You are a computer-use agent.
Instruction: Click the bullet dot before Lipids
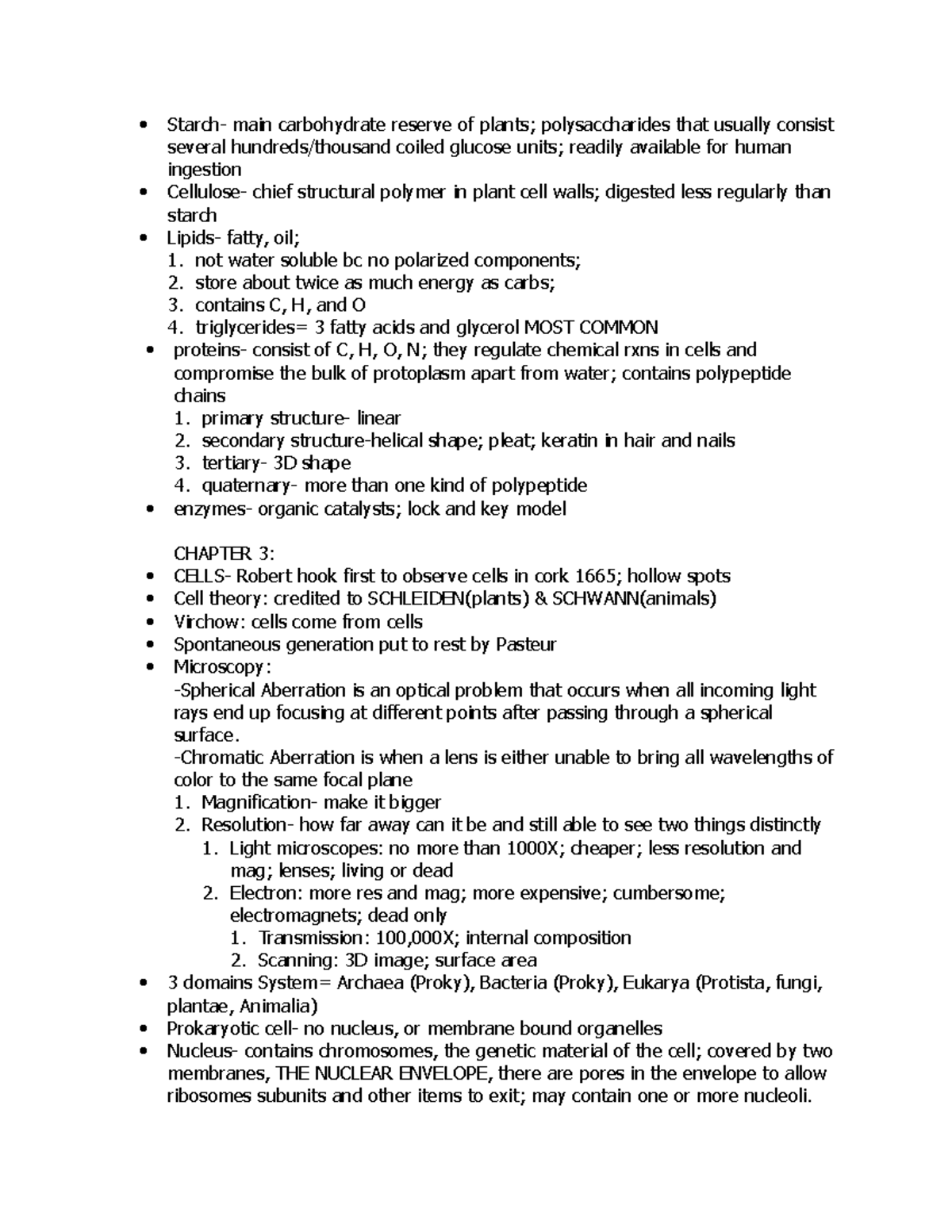[143, 237]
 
